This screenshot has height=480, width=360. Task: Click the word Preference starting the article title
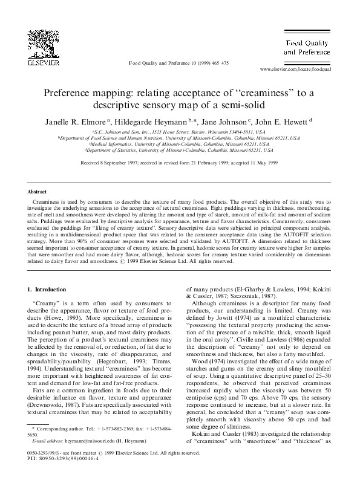[68, 94]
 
